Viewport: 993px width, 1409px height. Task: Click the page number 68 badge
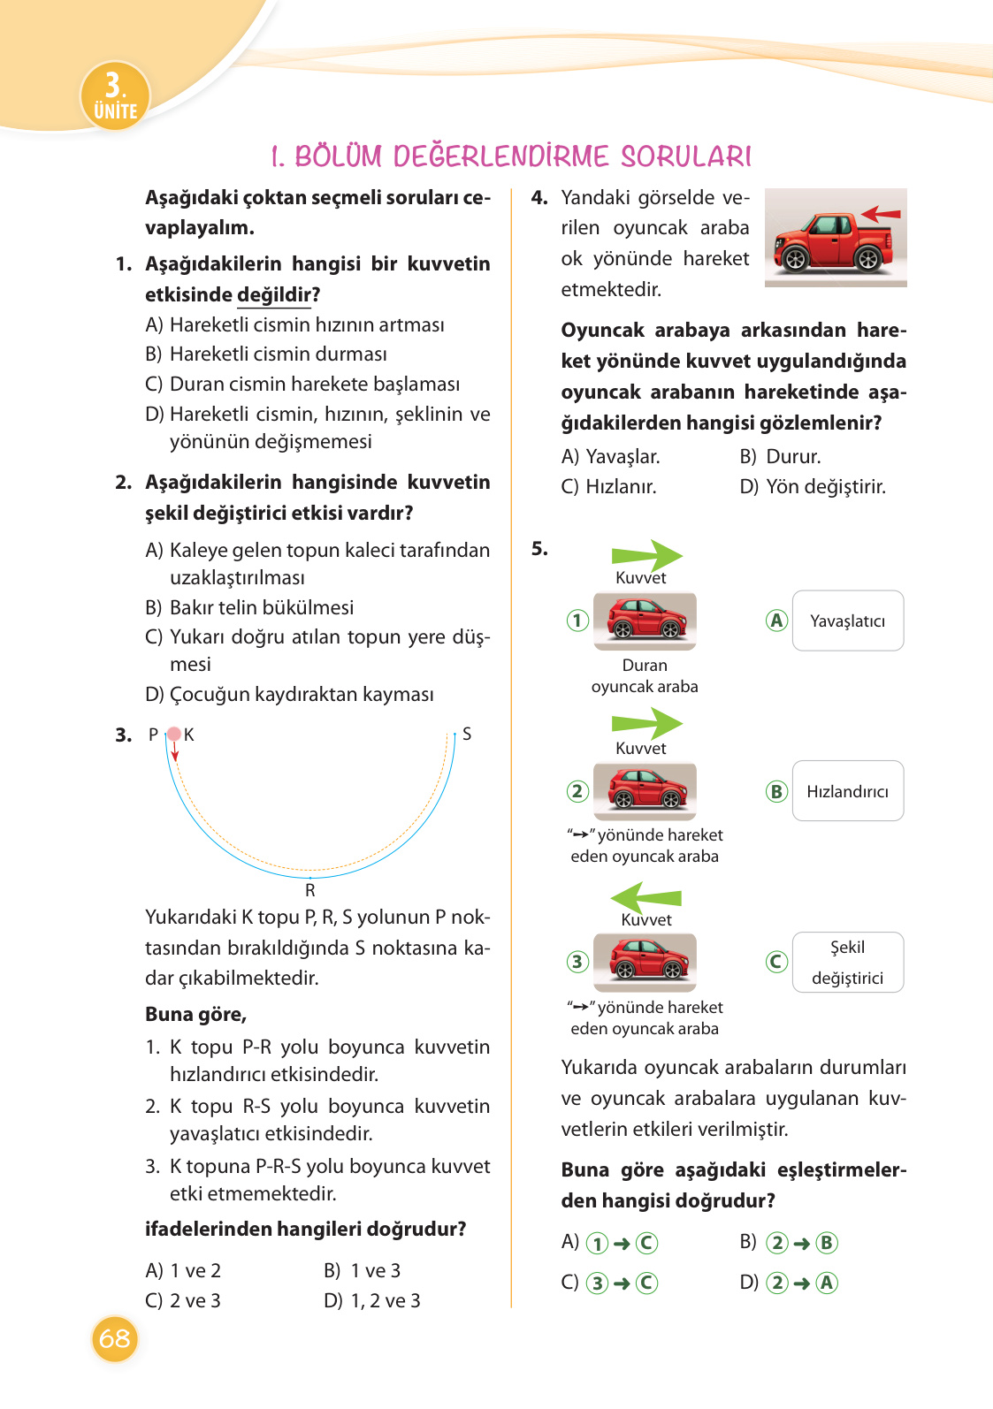(x=114, y=1338)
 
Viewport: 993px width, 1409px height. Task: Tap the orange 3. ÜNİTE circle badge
(x=115, y=95)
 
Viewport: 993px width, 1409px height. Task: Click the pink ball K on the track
(x=174, y=734)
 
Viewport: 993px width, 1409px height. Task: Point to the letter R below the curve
(x=310, y=890)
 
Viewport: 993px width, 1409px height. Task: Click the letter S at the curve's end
(x=467, y=734)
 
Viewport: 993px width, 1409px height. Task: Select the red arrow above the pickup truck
(x=881, y=213)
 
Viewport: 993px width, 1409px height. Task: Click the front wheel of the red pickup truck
(x=795, y=259)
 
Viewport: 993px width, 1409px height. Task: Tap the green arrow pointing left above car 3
(x=646, y=897)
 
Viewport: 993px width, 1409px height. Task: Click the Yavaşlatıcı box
(x=847, y=621)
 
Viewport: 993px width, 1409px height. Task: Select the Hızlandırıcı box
(x=847, y=791)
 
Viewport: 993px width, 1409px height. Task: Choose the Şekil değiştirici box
(x=847, y=962)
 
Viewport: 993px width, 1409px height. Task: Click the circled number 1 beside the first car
(x=577, y=620)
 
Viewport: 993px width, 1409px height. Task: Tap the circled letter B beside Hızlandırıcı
(x=776, y=791)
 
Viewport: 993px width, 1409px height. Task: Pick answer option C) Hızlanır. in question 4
(x=609, y=486)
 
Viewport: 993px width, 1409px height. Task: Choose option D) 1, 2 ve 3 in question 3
(x=372, y=1300)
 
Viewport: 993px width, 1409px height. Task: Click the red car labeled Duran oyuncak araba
(x=645, y=620)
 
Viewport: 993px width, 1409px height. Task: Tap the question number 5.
(x=539, y=548)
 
